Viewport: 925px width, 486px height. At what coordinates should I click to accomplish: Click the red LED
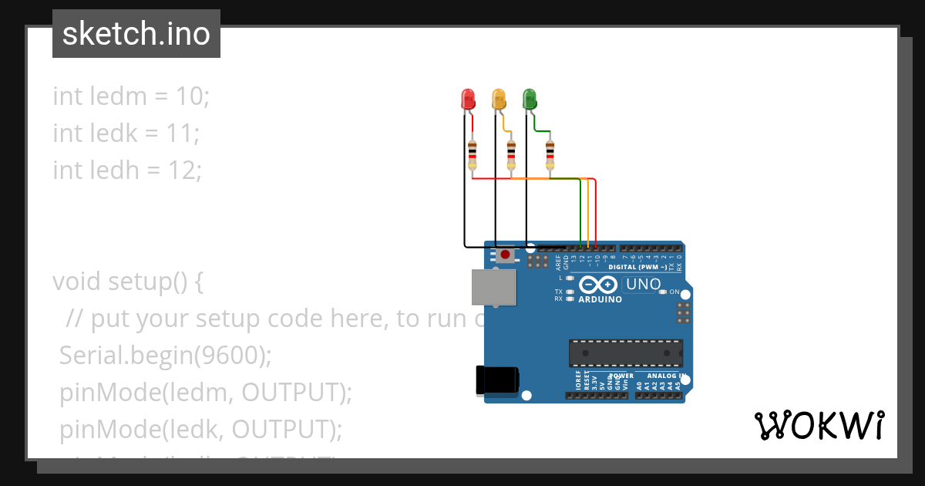coord(468,99)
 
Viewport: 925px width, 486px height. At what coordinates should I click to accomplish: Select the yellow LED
coord(499,99)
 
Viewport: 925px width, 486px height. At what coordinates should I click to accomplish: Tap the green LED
coord(530,99)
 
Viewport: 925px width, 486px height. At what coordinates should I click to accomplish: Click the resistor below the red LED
coord(473,155)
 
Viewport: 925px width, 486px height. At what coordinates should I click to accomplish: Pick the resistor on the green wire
coord(550,155)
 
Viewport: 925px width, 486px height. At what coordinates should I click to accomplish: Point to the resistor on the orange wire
coord(511,155)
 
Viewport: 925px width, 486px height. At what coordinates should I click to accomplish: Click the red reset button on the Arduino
coord(505,254)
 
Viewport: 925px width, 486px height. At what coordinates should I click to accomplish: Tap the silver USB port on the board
coord(493,287)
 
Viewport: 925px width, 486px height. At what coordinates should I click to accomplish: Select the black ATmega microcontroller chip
coord(625,353)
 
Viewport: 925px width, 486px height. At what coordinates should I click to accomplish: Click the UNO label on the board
coord(643,284)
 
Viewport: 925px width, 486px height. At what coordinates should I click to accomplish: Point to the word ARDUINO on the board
coord(600,299)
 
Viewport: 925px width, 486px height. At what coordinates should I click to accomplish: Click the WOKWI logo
coord(819,425)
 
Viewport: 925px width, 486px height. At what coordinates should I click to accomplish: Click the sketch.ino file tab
coord(136,34)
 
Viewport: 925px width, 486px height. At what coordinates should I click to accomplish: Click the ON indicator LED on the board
coord(664,292)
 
